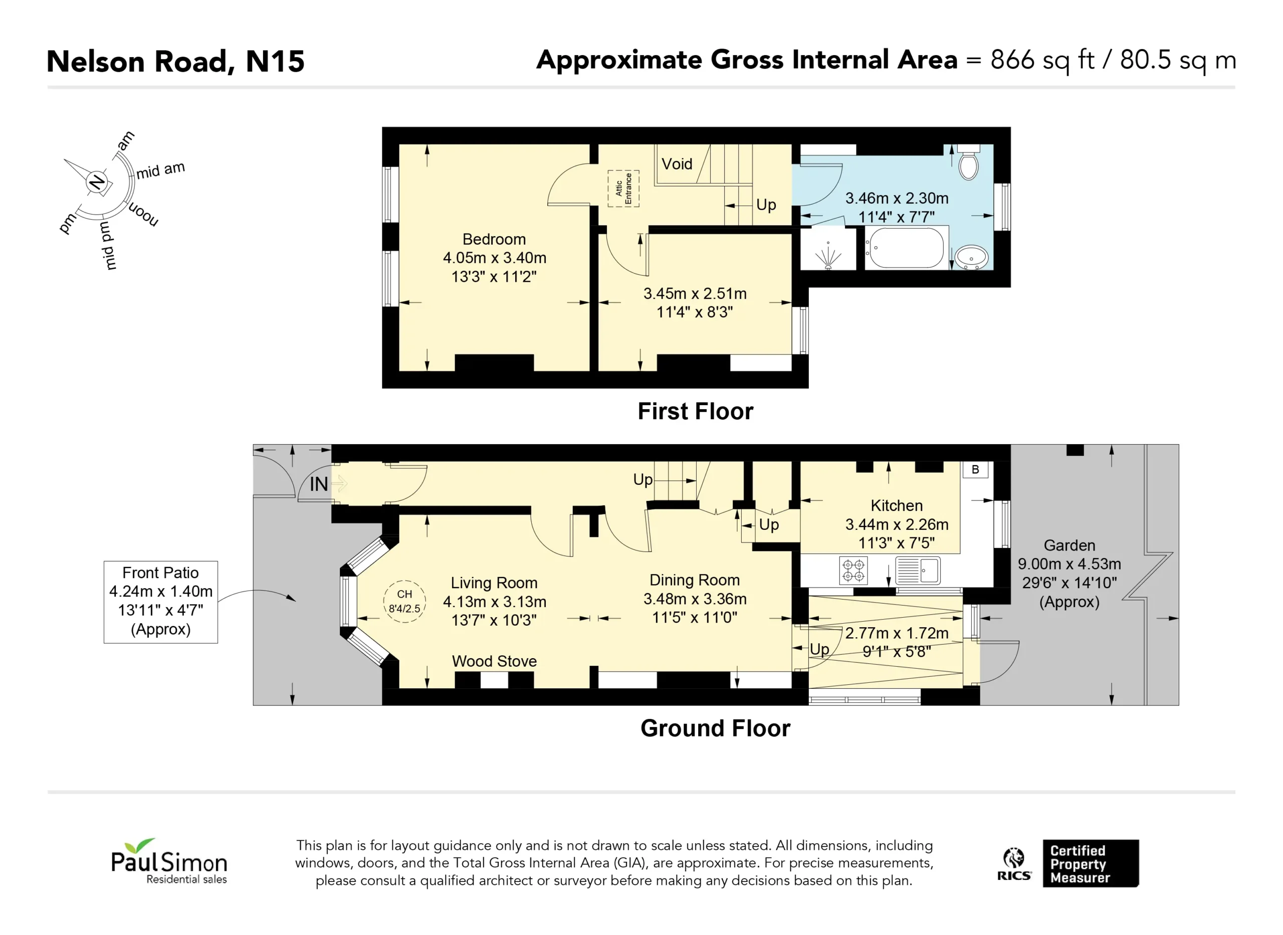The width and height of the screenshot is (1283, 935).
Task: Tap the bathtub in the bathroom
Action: click(x=906, y=248)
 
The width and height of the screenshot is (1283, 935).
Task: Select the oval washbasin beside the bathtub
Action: click(x=971, y=258)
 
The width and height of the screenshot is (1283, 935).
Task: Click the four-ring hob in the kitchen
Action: click(x=853, y=571)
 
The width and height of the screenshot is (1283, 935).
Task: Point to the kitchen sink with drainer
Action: click(x=918, y=571)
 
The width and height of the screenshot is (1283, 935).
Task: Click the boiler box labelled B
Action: click(x=975, y=470)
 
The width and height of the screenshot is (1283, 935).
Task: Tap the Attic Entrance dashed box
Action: click(x=623, y=189)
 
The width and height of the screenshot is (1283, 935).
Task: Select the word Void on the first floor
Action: click(x=677, y=164)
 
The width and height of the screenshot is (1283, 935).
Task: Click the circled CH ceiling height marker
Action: click(x=404, y=602)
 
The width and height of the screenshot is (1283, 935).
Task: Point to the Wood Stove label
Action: click(x=495, y=661)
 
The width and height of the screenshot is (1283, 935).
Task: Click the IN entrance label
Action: click(x=318, y=484)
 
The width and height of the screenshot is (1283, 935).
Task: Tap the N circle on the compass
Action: click(x=97, y=181)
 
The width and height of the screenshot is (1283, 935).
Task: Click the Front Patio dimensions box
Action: click(x=161, y=602)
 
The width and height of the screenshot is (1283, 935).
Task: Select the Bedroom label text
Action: click(x=495, y=240)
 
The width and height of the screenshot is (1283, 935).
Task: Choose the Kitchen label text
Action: click(x=897, y=505)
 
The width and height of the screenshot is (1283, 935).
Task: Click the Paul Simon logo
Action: click(x=168, y=861)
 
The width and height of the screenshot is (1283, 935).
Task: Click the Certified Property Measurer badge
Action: click(x=1091, y=864)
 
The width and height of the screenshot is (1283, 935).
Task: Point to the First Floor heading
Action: click(x=695, y=412)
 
